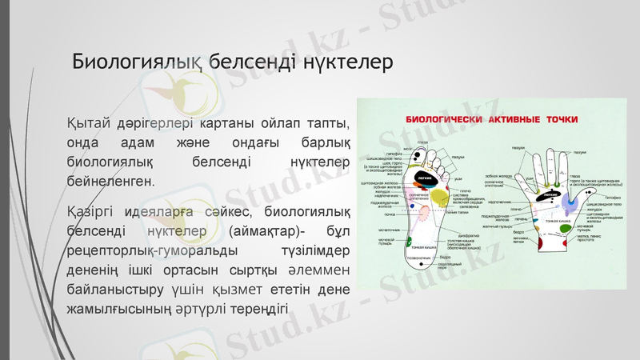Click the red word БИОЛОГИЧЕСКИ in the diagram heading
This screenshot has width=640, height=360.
pos(453,121)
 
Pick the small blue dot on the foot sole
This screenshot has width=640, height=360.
pos(413,206)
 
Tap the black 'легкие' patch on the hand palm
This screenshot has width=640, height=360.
pos(549,194)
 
